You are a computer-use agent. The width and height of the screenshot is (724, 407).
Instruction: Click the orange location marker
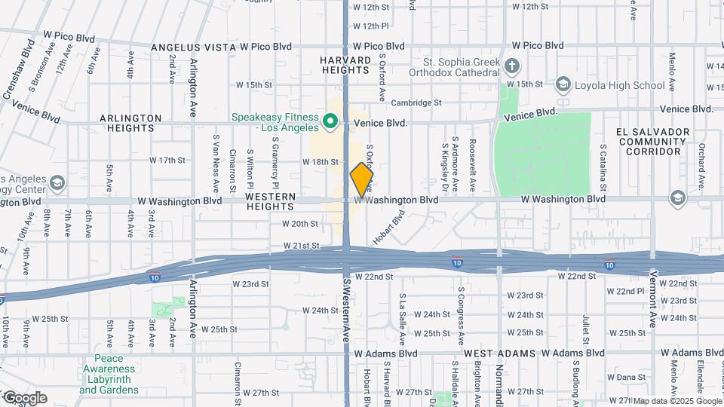click(362, 179)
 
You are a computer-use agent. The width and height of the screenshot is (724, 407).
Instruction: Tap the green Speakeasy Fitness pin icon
click(330, 121)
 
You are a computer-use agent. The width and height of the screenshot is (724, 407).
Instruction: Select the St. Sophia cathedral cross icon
click(512, 66)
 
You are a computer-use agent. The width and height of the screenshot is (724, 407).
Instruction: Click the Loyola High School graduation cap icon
click(563, 84)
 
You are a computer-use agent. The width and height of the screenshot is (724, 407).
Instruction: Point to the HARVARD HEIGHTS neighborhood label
click(345, 65)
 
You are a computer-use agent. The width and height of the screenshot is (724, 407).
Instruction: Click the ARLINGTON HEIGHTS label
click(131, 123)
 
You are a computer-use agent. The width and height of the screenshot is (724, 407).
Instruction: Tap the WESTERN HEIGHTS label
click(275, 200)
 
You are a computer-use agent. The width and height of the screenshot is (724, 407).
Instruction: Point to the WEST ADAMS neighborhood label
click(500, 353)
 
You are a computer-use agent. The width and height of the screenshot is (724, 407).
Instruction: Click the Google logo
click(24, 398)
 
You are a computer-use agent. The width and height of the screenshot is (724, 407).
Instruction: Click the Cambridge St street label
click(416, 103)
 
